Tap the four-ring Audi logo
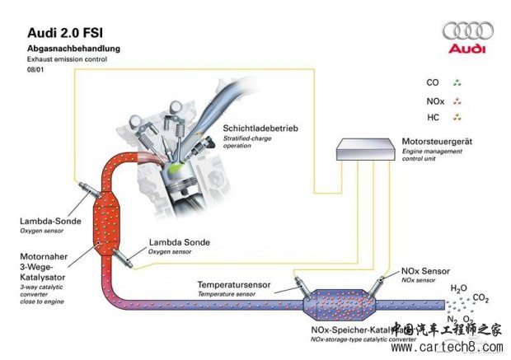(467, 30)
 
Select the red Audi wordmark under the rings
(467, 49)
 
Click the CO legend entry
(433, 82)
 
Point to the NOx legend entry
(436, 100)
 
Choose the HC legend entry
(433, 118)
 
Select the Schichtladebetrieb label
(260, 129)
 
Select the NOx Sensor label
(425, 270)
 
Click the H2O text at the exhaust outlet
(458, 289)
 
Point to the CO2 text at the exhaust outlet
(482, 298)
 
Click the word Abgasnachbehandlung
(73, 49)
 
